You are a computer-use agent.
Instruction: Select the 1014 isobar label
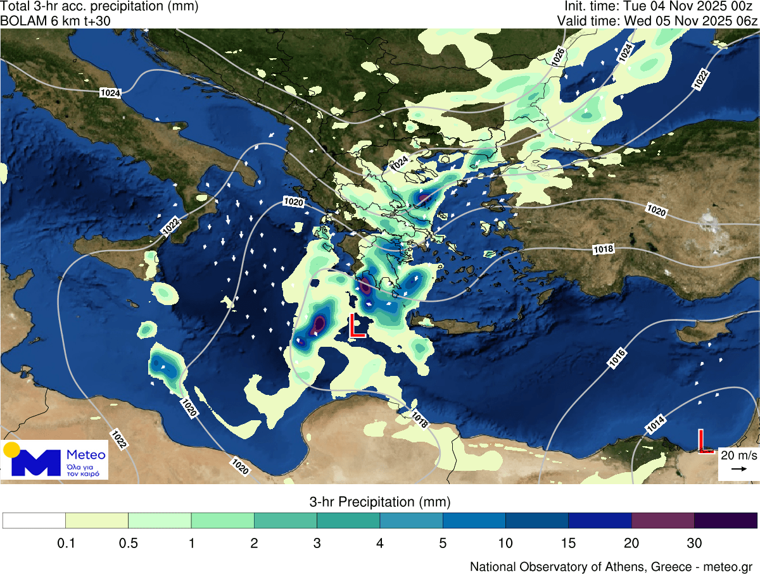tap(655, 427)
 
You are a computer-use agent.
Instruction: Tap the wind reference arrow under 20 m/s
tap(738, 469)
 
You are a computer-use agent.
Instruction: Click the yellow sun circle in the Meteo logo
tap(11, 450)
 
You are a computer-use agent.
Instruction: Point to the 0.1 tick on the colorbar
tap(66, 542)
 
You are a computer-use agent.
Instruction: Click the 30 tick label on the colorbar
tap(694, 542)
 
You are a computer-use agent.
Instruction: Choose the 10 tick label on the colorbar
tap(505, 542)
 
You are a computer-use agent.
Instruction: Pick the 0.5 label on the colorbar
tap(129, 542)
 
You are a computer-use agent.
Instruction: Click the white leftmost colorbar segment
tap(34, 520)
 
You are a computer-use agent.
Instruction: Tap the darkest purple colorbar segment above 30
tap(726, 520)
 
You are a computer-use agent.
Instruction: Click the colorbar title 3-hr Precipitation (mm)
tap(380, 502)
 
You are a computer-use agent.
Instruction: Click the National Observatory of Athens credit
tap(611, 566)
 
